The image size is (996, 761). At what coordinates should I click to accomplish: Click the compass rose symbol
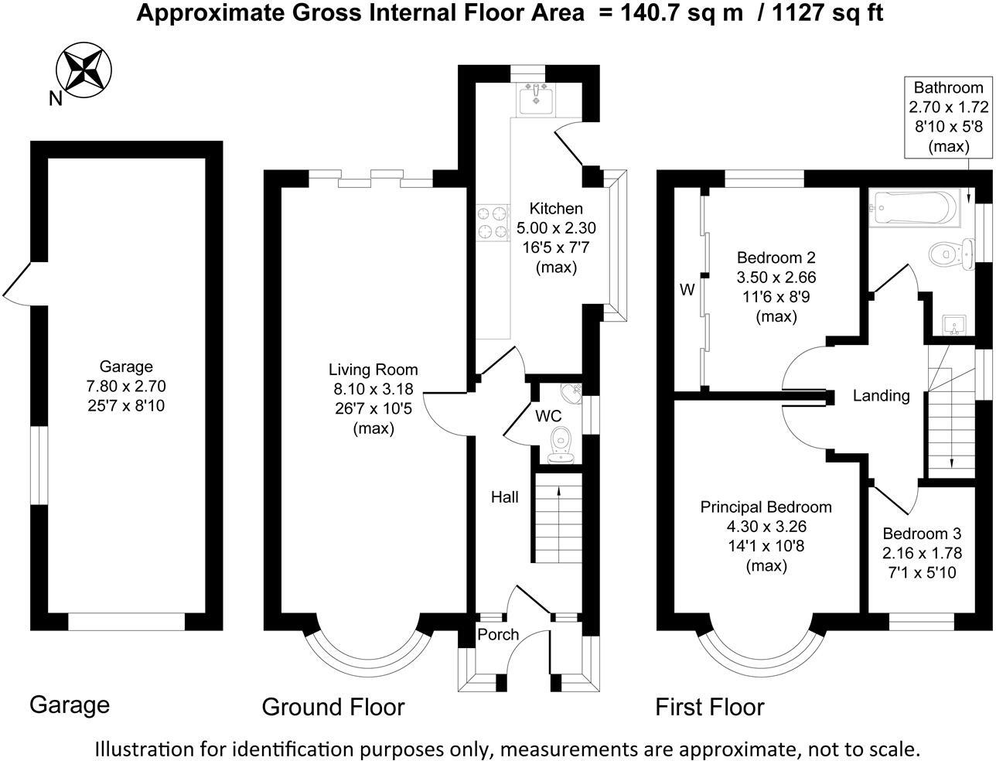click(x=84, y=68)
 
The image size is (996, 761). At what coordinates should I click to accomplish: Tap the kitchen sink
click(x=534, y=98)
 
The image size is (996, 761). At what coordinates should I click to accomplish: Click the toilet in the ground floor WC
click(x=560, y=444)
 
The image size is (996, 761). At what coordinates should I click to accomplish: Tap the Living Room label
click(x=373, y=370)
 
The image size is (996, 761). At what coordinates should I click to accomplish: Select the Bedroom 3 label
click(x=922, y=534)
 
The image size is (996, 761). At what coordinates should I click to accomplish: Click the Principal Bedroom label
click(x=766, y=507)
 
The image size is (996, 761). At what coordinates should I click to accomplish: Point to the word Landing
click(x=881, y=396)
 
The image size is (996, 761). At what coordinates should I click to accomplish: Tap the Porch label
click(x=498, y=635)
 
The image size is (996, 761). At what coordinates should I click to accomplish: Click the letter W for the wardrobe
click(x=687, y=290)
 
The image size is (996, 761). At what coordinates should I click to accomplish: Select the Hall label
click(x=505, y=497)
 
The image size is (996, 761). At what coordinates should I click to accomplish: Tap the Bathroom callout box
click(x=948, y=117)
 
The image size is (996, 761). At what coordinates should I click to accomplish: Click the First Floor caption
click(x=709, y=707)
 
